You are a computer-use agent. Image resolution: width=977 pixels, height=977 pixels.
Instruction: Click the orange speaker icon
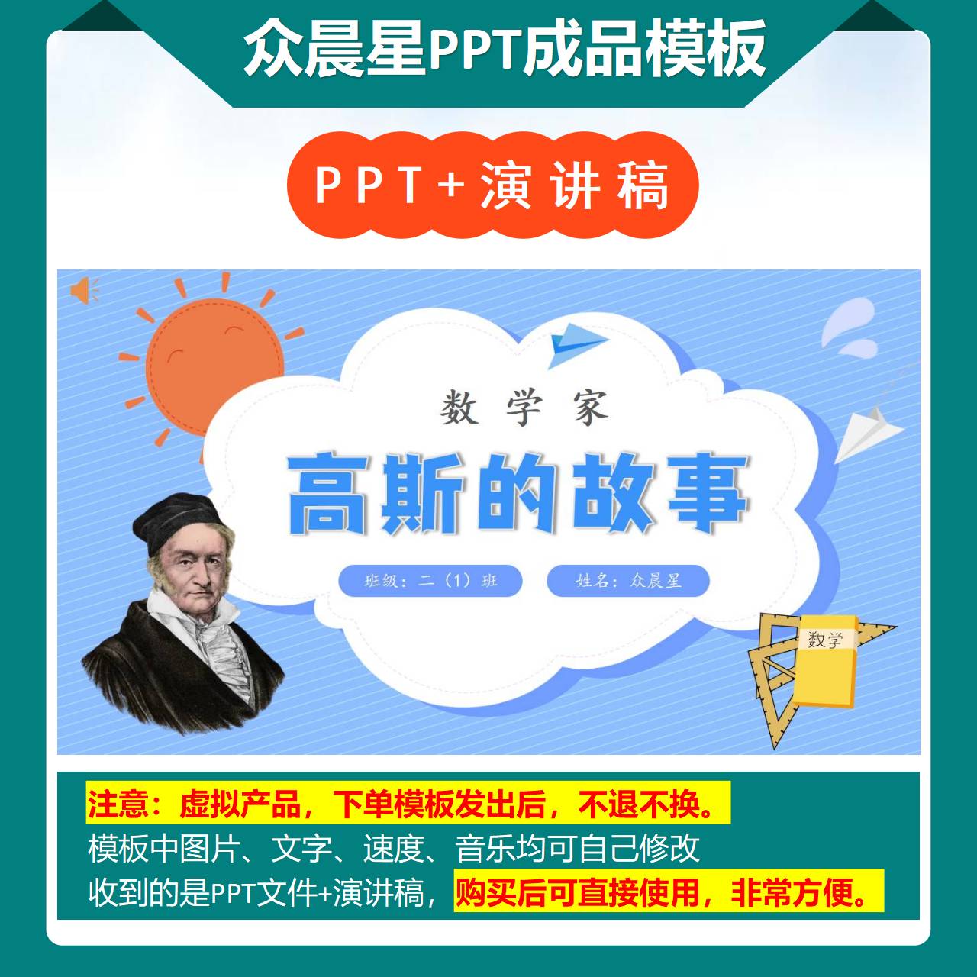[x=83, y=290]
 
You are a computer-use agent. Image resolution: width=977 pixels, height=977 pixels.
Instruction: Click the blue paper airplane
[x=576, y=343]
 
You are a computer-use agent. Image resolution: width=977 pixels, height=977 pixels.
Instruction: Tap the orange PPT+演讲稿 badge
[x=492, y=185]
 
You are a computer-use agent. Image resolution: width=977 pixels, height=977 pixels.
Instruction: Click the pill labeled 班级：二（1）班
[x=430, y=581]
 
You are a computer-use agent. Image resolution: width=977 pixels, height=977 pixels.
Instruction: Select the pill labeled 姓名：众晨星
[x=628, y=581]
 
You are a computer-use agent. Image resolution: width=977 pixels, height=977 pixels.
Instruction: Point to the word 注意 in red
[x=118, y=804]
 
